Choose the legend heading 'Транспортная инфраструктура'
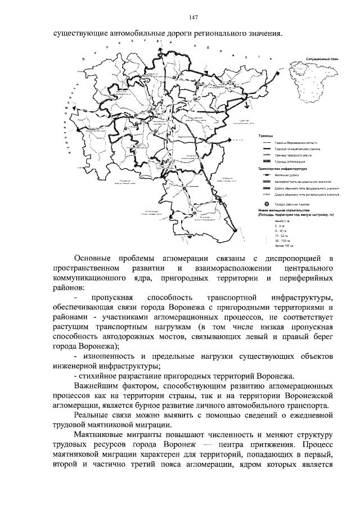point(281,168)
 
